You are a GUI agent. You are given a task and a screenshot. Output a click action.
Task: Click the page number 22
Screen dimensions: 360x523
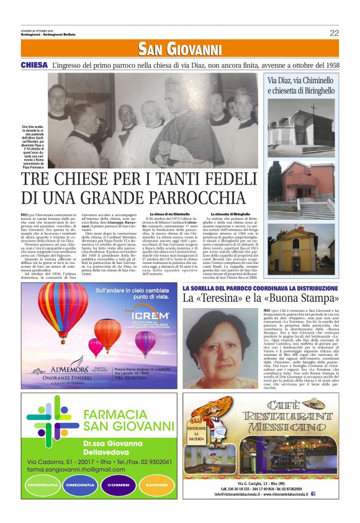[334, 33]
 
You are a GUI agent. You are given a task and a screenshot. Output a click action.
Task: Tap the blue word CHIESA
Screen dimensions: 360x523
[34, 65]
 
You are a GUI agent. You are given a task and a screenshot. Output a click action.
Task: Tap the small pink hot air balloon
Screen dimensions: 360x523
[96, 345]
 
